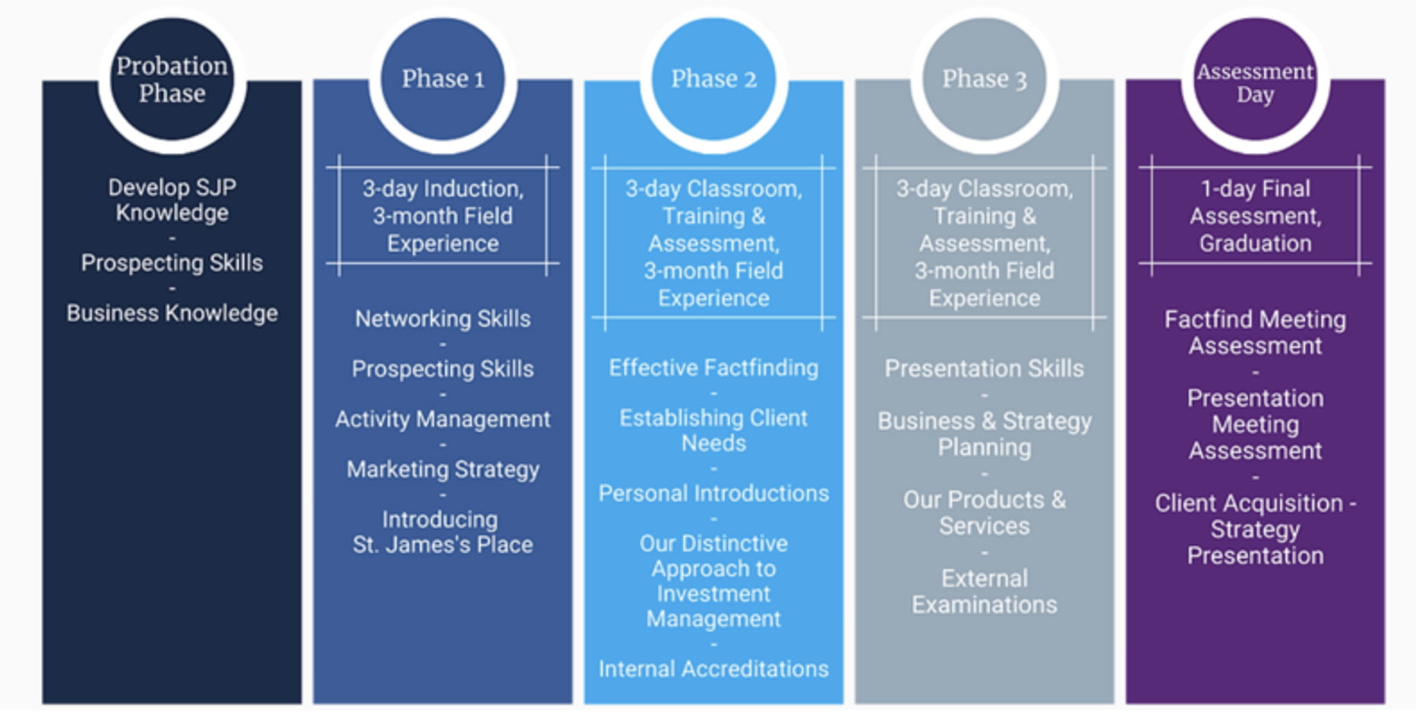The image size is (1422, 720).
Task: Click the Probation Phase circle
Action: click(172, 79)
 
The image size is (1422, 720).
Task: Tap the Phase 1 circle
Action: click(443, 79)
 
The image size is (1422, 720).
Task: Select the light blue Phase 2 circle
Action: click(713, 79)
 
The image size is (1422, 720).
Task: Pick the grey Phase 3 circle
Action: click(984, 79)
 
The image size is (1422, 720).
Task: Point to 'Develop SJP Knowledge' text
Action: click(172, 200)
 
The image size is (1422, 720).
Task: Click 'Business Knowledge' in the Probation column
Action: click(172, 313)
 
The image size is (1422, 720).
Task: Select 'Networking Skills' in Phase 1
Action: click(443, 318)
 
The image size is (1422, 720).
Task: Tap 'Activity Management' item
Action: click(443, 419)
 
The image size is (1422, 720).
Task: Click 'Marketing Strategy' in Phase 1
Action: click(443, 469)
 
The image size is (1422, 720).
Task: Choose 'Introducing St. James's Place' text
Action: click(443, 532)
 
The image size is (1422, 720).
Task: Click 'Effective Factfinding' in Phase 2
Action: click(713, 368)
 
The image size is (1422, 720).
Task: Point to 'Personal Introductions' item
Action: click(713, 494)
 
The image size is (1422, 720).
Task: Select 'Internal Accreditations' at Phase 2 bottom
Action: click(713, 669)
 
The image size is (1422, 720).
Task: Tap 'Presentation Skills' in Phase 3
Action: click(984, 368)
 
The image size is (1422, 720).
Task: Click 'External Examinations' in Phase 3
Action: click(984, 592)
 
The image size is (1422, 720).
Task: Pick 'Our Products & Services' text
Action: click(984, 513)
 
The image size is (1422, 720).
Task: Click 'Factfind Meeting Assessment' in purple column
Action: click(1255, 333)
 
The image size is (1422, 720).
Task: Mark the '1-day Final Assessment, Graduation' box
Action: click(1255, 216)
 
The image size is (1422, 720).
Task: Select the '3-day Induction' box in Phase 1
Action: click(443, 216)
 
